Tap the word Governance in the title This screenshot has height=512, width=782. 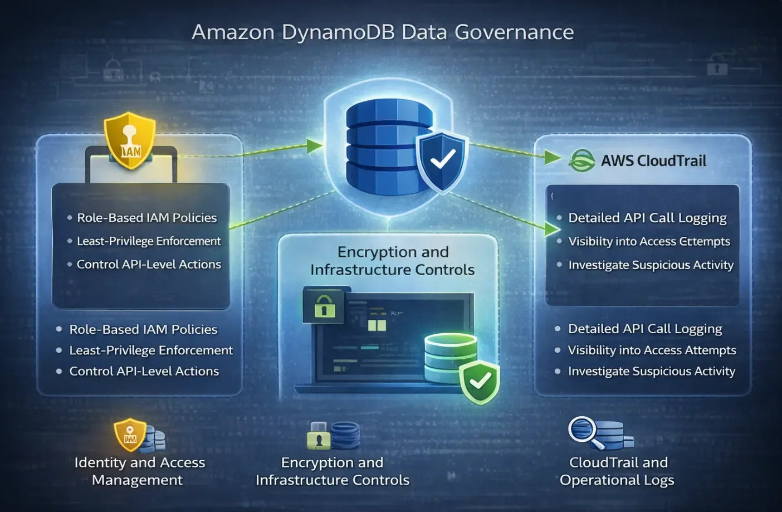[x=514, y=32]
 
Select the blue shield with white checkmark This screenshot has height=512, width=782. [x=442, y=160]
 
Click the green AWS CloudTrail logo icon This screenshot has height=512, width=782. [x=581, y=161]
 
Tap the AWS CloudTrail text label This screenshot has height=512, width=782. [x=653, y=161]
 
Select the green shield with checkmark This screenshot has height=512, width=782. [x=479, y=382]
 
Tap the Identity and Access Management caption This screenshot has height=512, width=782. [x=139, y=471]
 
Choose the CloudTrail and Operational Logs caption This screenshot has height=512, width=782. [x=617, y=471]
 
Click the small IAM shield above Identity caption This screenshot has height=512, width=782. [x=130, y=434]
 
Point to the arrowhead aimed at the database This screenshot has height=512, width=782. [x=315, y=146]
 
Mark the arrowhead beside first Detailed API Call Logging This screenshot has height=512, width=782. [x=553, y=228]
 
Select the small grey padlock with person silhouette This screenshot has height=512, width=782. [x=319, y=437]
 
